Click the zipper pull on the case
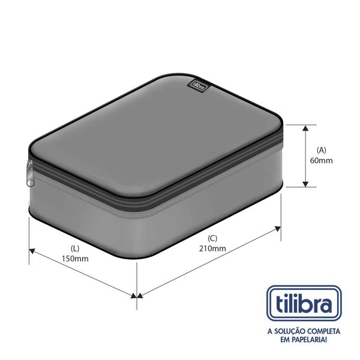(x=30, y=170)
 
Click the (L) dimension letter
(x=75, y=248)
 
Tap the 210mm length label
(x=214, y=248)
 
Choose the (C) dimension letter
(x=214, y=238)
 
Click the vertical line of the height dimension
(x=306, y=155)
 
